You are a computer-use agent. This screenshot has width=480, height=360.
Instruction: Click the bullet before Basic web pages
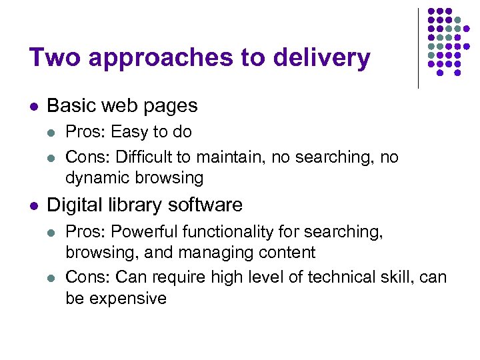(x=34, y=106)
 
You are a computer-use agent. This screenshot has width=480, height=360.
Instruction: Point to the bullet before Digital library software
(x=34, y=205)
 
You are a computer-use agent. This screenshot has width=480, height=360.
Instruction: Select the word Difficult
(x=142, y=157)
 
